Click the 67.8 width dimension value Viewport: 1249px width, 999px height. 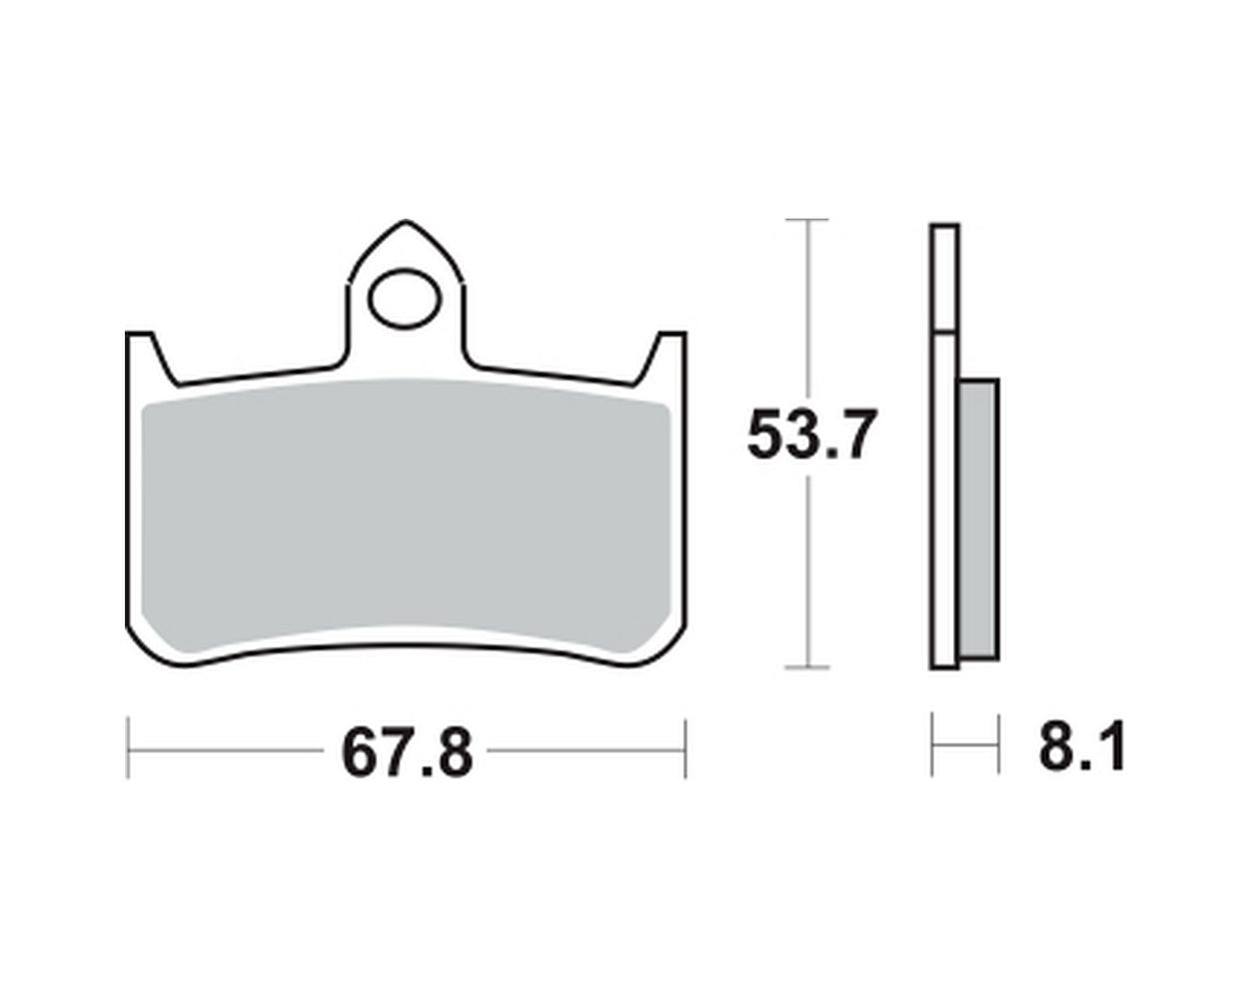[407, 753]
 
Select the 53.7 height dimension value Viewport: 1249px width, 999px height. [811, 436]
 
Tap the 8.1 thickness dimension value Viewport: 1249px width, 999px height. [1082, 746]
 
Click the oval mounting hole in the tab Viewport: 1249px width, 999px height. [406, 300]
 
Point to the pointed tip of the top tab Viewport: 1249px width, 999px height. [407, 221]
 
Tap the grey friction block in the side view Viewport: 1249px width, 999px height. [978, 518]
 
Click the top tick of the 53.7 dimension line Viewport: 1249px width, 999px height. [806, 220]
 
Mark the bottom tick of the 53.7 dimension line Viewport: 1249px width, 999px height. [806, 668]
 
